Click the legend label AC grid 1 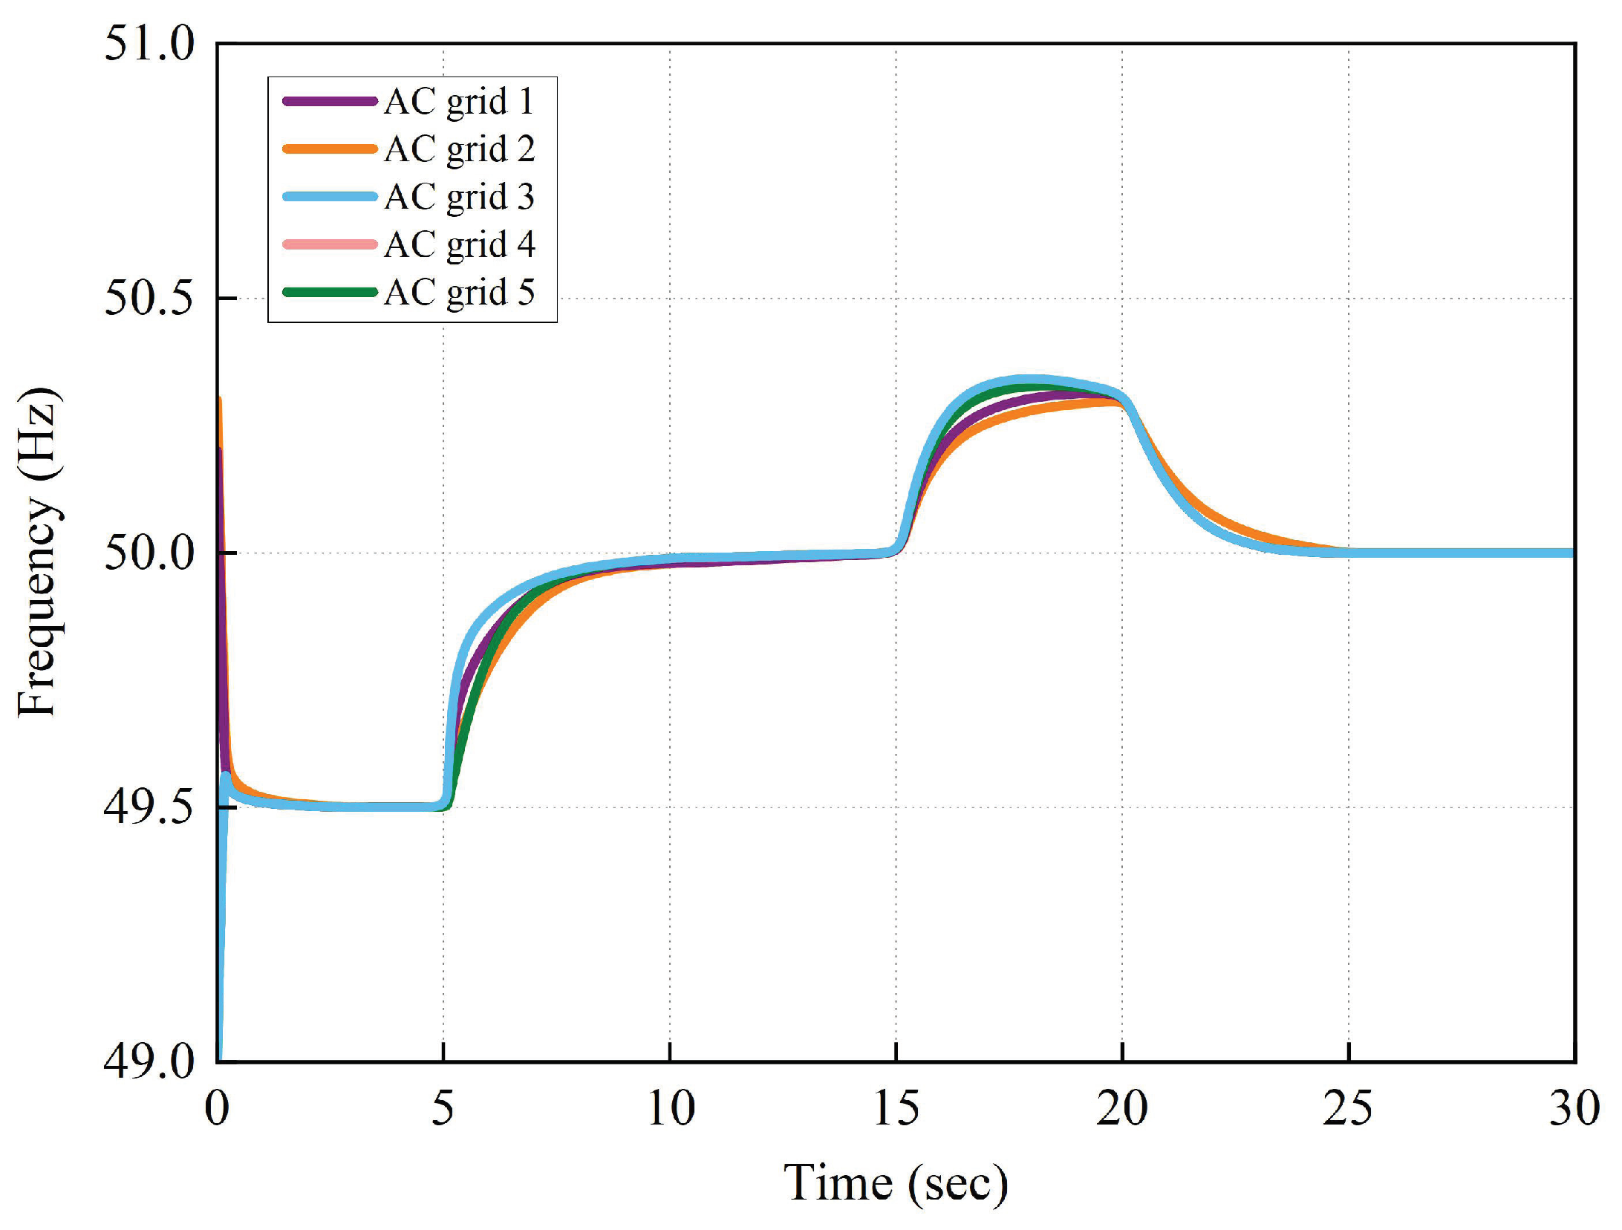(x=459, y=102)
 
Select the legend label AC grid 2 (x=459, y=149)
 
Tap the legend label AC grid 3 (x=459, y=197)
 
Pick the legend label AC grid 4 (x=459, y=244)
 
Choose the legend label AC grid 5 (x=459, y=293)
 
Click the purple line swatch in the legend (x=330, y=101)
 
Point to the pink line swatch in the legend (x=330, y=244)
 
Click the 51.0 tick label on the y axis (x=149, y=43)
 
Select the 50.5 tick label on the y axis (x=149, y=298)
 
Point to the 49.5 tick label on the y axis (x=149, y=807)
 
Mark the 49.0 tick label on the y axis (x=149, y=1061)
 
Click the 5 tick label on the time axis (x=443, y=1108)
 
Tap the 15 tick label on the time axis (x=896, y=1108)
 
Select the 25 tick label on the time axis (x=1348, y=1108)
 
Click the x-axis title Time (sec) (x=896, y=1182)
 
